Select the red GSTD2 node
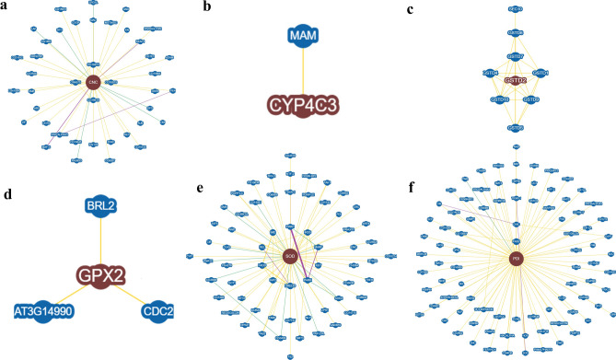pos(515,81)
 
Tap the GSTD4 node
pos(490,73)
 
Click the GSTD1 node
pos(540,73)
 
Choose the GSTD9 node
pos(532,99)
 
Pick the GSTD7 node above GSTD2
pos(515,57)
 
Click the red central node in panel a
pos(92,83)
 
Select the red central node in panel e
pos(290,255)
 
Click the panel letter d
pos(7,195)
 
